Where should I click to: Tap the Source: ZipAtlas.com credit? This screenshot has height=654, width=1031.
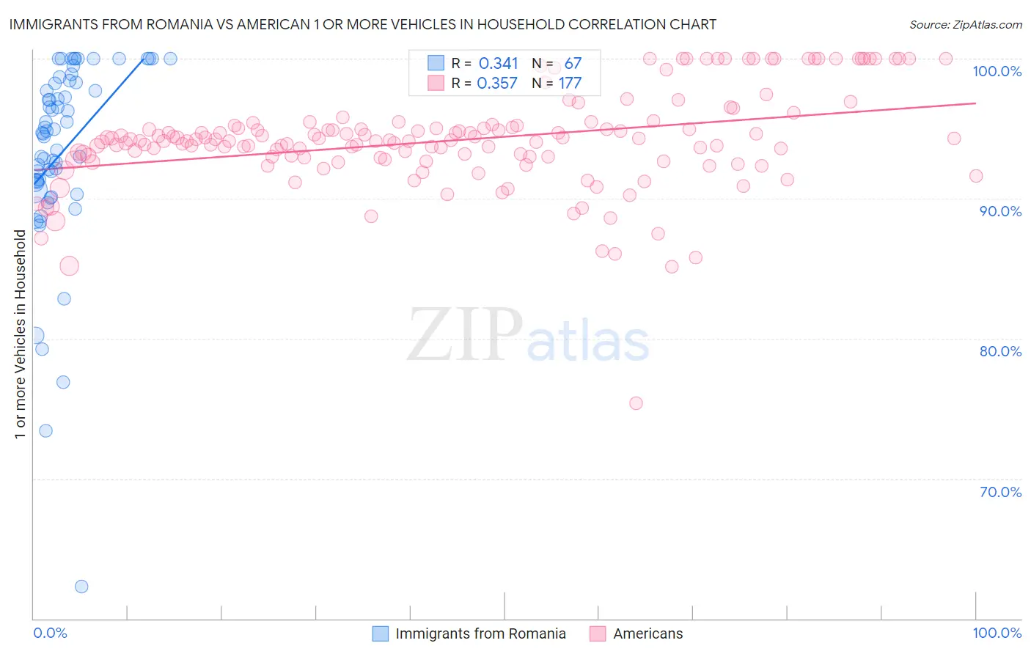[x=965, y=24]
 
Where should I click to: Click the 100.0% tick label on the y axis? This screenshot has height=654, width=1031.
[x=997, y=71]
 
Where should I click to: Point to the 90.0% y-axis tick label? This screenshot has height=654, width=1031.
[x=1000, y=211]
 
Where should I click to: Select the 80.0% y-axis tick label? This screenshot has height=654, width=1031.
[x=1000, y=351]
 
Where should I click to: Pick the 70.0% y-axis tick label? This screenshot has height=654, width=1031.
[x=1000, y=492]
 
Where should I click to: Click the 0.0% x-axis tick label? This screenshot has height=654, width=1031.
[x=50, y=633]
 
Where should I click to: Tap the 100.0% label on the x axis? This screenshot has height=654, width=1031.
[x=997, y=633]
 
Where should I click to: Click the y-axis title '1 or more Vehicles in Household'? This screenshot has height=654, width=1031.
[x=20, y=334]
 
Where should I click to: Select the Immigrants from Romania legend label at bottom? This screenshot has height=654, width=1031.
[x=480, y=633]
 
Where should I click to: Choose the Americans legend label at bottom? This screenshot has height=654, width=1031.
[x=647, y=633]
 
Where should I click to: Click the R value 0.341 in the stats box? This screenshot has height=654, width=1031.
[x=498, y=64]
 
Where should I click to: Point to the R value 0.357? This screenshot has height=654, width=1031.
[x=497, y=84]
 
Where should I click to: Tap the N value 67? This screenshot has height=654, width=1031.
[x=573, y=64]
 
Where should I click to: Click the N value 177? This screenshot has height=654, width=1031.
[x=570, y=84]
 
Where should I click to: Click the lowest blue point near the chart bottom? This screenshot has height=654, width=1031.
[x=81, y=587]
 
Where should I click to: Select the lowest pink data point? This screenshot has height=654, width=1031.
[x=636, y=403]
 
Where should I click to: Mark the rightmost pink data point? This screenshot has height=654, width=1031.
[x=976, y=176]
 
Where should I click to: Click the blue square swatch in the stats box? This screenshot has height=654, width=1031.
[x=436, y=63]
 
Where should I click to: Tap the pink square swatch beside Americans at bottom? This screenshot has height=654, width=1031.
[x=598, y=633]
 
